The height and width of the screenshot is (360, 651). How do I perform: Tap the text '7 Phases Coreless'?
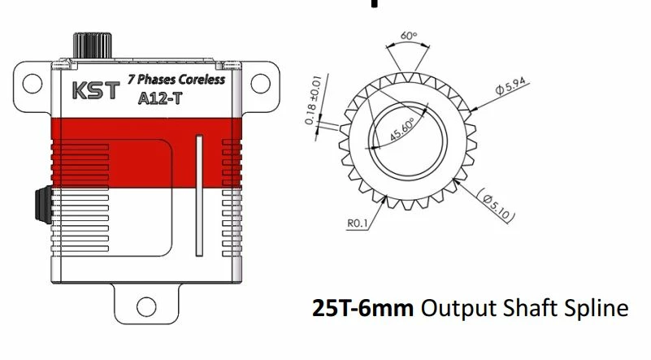(176, 80)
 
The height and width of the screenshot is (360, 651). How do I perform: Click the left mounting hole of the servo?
(31, 82)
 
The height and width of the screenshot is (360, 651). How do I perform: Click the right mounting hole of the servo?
(261, 82)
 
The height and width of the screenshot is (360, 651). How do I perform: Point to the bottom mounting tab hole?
(145, 306)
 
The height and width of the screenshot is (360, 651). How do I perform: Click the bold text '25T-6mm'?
(362, 309)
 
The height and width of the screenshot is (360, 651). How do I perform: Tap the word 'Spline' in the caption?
(597, 310)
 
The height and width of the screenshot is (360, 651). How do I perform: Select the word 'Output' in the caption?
(453, 310)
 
